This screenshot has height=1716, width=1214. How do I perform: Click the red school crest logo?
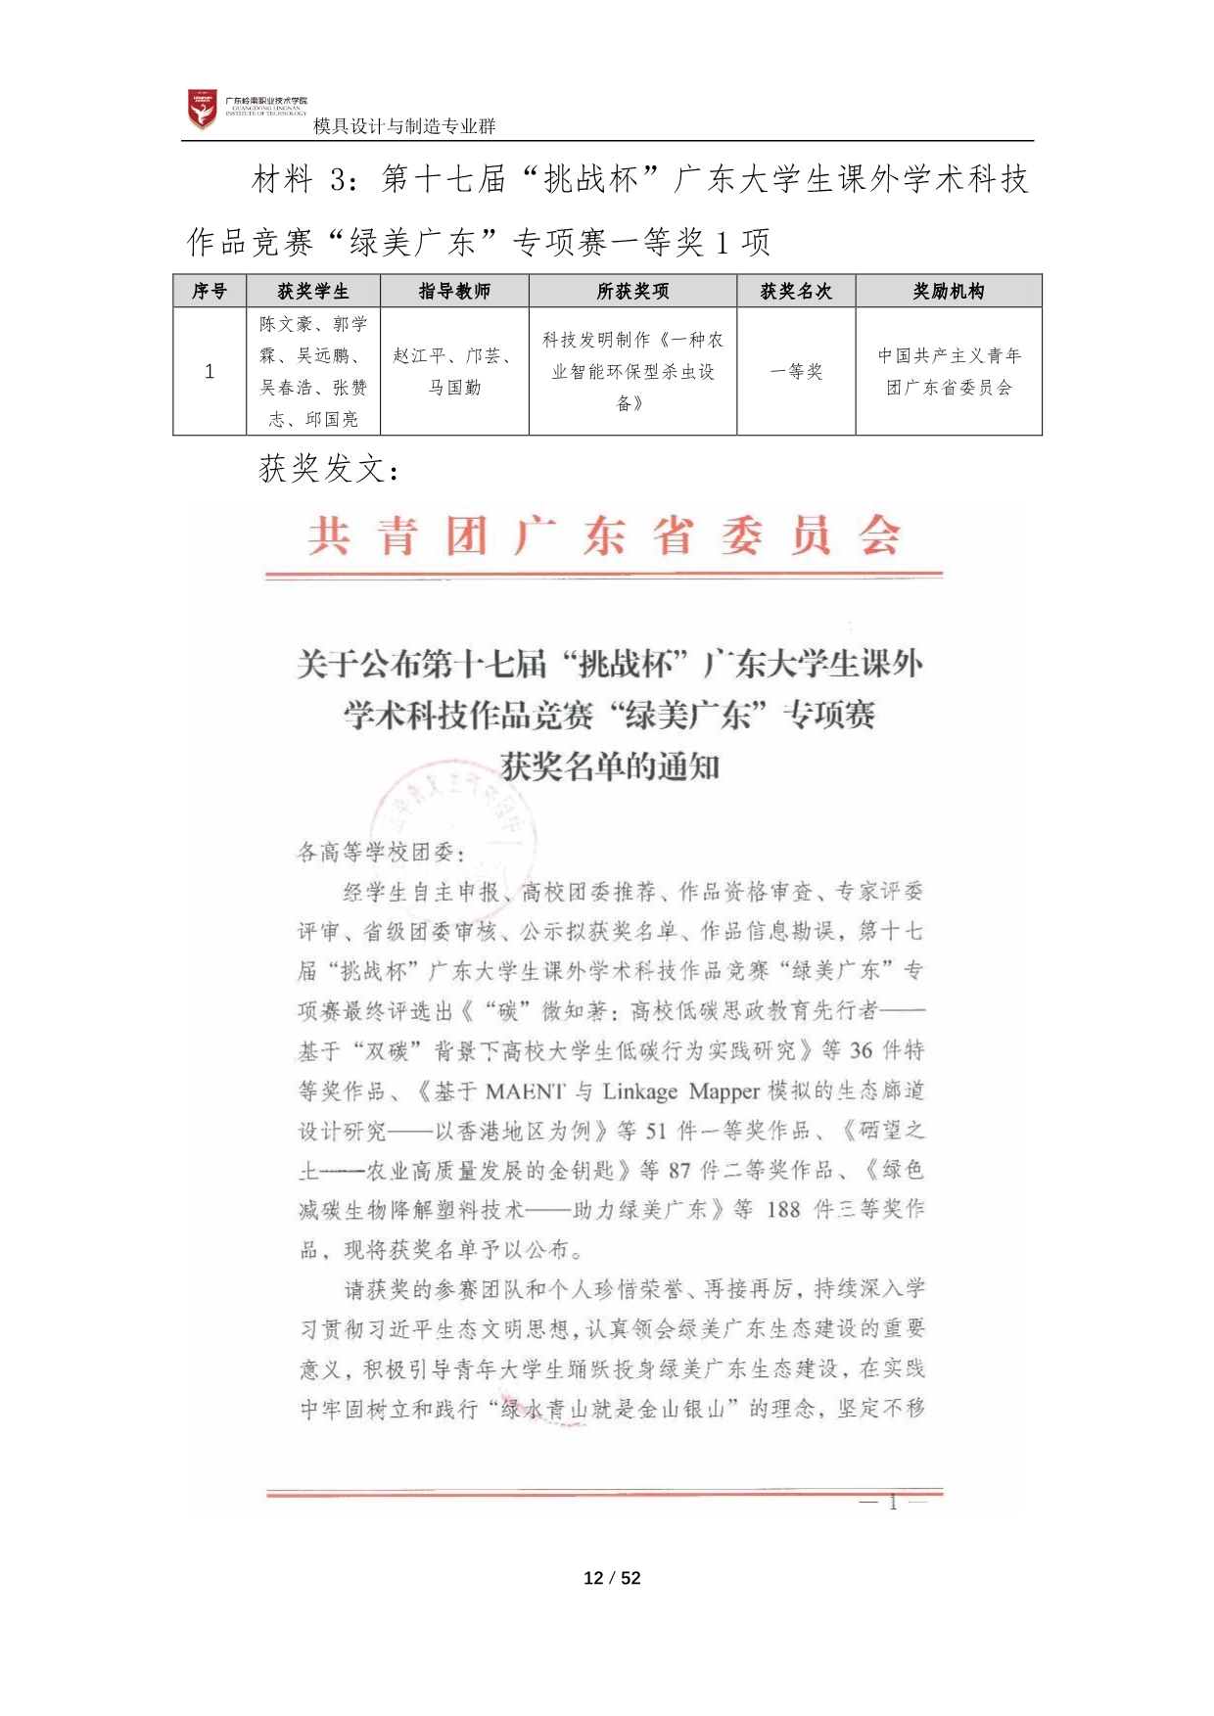[x=203, y=110]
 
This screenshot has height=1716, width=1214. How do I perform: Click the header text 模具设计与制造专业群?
[x=404, y=126]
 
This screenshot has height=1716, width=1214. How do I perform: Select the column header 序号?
[x=210, y=291]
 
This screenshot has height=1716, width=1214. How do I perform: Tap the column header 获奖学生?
[x=313, y=291]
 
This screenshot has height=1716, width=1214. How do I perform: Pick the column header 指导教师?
[x=454, y=291]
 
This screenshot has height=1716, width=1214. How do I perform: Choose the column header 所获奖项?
[x=632, y=291]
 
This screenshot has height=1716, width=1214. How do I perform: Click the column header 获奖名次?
[x=796, y=291]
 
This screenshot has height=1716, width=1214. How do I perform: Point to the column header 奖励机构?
[x=949, y=291]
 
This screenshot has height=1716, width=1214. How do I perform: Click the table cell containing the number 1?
[x=210, y=371]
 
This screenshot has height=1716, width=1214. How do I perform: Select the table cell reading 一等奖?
[x=796, y=371]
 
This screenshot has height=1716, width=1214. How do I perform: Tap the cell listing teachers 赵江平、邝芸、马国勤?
[x=454, y=371]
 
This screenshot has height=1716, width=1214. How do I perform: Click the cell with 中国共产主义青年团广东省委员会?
[x=949, y=371]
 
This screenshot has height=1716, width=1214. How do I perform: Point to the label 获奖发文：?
[x=329, y=469]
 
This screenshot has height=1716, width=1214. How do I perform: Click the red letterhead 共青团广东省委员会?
[x=604, y=536]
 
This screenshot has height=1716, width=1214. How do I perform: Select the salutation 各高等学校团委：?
[x=381, y=852]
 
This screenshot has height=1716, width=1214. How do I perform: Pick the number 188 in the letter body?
[x=782, y=1210]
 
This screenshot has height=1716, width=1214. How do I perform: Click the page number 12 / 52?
[x=612, y=1577]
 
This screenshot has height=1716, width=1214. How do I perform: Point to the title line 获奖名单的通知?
[x=610, y=765]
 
